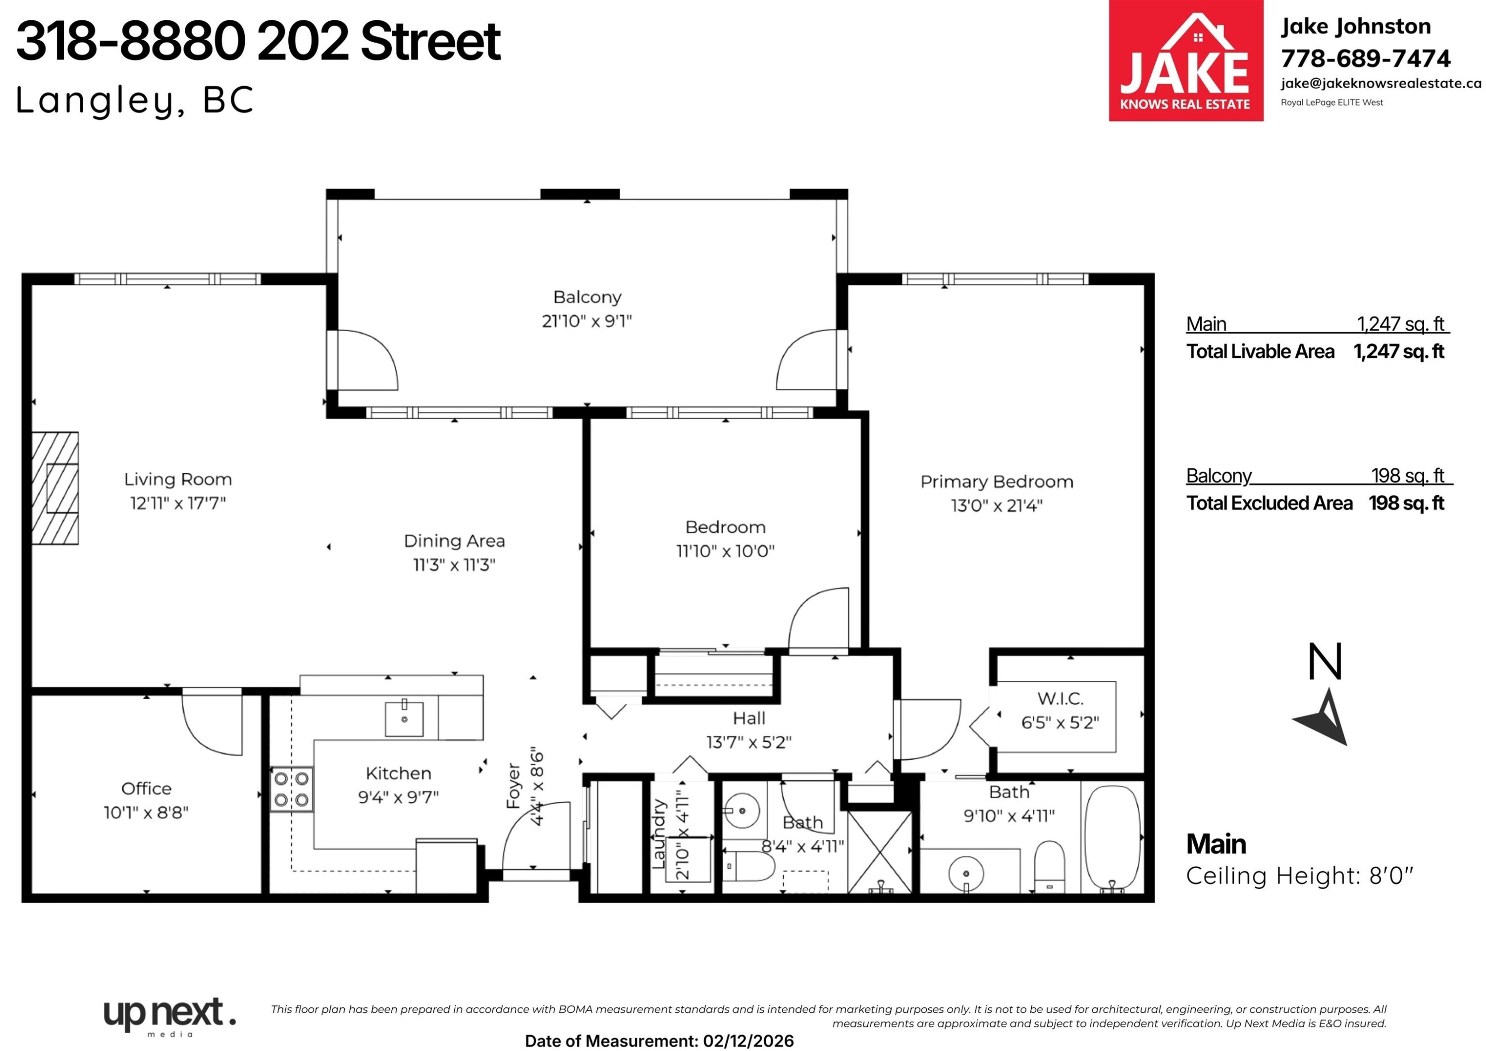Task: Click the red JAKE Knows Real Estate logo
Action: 1186,60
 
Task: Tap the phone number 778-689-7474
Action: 1366,58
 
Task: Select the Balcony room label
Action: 587,297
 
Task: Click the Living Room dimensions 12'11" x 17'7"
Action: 178,502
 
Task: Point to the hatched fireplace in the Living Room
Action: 55,488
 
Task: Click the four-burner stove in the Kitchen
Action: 291,789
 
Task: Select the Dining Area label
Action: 454,541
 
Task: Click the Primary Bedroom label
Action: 997,482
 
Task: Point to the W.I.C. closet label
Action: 1060,699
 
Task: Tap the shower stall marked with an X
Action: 880,851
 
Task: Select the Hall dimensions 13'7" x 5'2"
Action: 749,742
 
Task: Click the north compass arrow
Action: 1322,718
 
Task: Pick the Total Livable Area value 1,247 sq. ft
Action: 1399,352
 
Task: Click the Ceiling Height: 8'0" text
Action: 1300,876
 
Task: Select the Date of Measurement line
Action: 659,1041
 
